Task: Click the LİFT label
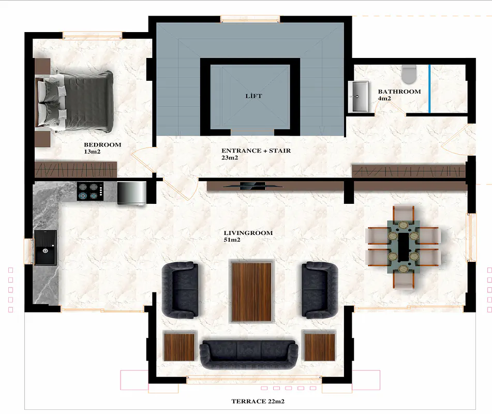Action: (254, 96)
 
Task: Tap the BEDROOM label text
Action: (102, 145)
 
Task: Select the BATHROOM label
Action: (399, 91)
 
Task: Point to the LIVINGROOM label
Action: (248, 233)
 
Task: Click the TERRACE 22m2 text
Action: (258, 401)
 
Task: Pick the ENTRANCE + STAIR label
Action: (256, 151)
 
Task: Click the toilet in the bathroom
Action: (409, 75)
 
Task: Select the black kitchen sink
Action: (46, 248)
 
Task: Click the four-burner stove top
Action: (90, 191)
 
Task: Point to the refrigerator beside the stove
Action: (132, 194)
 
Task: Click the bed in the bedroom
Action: (75, 101)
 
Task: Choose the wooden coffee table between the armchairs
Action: (251, 291)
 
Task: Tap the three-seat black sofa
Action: (249, 354)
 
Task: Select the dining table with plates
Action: (403, 246)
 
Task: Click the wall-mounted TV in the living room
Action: (252, 186)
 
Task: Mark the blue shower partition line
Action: (429, 88)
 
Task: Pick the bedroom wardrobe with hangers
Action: (76, 170)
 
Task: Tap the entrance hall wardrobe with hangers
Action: (409, 171)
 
